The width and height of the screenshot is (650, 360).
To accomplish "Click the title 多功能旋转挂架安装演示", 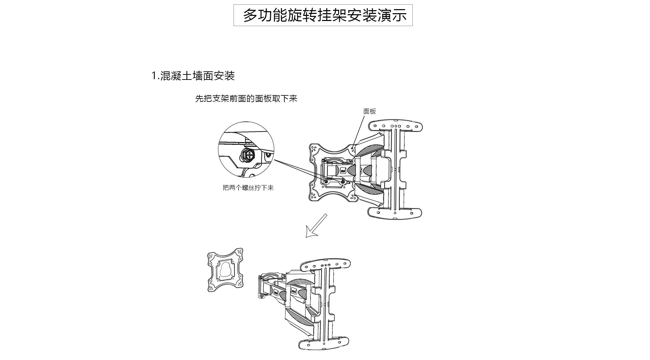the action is point(325,16).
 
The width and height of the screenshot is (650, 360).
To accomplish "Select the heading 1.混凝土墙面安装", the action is point(193,76).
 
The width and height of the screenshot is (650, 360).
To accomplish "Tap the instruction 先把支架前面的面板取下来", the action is point(246,98).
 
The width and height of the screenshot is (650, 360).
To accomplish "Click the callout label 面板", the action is point(369,111).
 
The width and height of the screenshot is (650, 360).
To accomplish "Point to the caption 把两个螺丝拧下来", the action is point(248,187).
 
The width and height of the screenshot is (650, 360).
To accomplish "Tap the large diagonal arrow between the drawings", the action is point(316,226).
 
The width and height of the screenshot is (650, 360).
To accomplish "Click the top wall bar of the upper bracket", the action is point(395,126).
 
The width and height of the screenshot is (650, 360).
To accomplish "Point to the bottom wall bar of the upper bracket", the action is point(395,212).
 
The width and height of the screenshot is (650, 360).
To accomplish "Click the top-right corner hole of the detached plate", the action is point(240,252).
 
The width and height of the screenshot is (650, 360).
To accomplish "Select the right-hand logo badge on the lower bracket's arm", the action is point(293,291).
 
